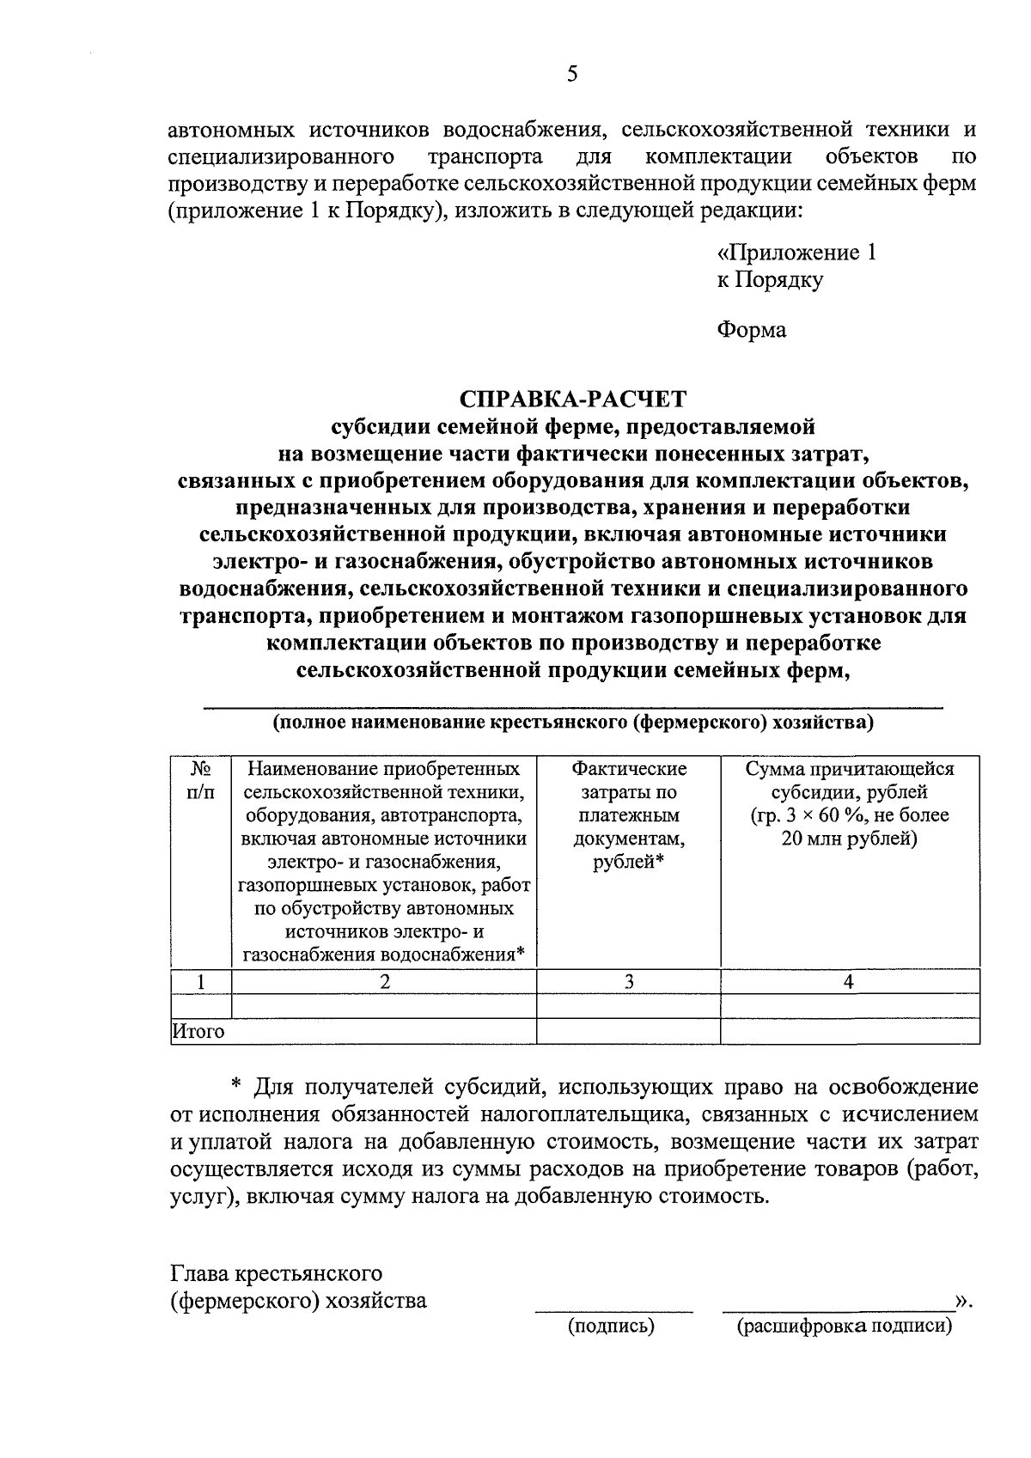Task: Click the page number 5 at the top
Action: (572, 75)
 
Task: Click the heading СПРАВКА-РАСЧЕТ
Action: (573, 399)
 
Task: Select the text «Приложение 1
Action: (796, 253)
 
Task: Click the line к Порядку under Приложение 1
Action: (770, 280)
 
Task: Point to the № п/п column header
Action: (201, 779)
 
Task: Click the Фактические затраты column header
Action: (629, 814)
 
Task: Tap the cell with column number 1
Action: (201, 981)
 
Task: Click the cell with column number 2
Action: (384, 981)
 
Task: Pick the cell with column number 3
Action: (629, 981)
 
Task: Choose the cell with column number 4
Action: (849, 981)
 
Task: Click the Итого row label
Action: (198, 1031)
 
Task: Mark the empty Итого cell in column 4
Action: (849, 1031)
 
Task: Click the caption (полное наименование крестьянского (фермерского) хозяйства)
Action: (573, 723)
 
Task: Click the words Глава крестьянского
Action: (276, 1272)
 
